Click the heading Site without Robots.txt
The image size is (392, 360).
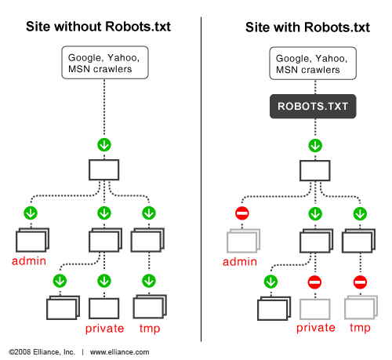coord(98,27)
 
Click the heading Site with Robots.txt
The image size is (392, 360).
coord(307,27)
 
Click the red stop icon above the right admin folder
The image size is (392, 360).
coord(242,213)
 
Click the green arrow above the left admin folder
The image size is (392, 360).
coord(31,213)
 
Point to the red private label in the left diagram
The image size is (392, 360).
coord(104,329)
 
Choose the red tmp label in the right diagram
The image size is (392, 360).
coord(360,328)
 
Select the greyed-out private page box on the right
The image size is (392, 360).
coord(315,307)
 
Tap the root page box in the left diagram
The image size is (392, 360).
coord(103,170)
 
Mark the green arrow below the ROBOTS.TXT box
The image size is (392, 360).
coord(314,145)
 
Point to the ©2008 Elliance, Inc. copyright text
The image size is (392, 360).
coord(44,352)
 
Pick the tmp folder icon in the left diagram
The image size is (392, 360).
coord(149,239)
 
